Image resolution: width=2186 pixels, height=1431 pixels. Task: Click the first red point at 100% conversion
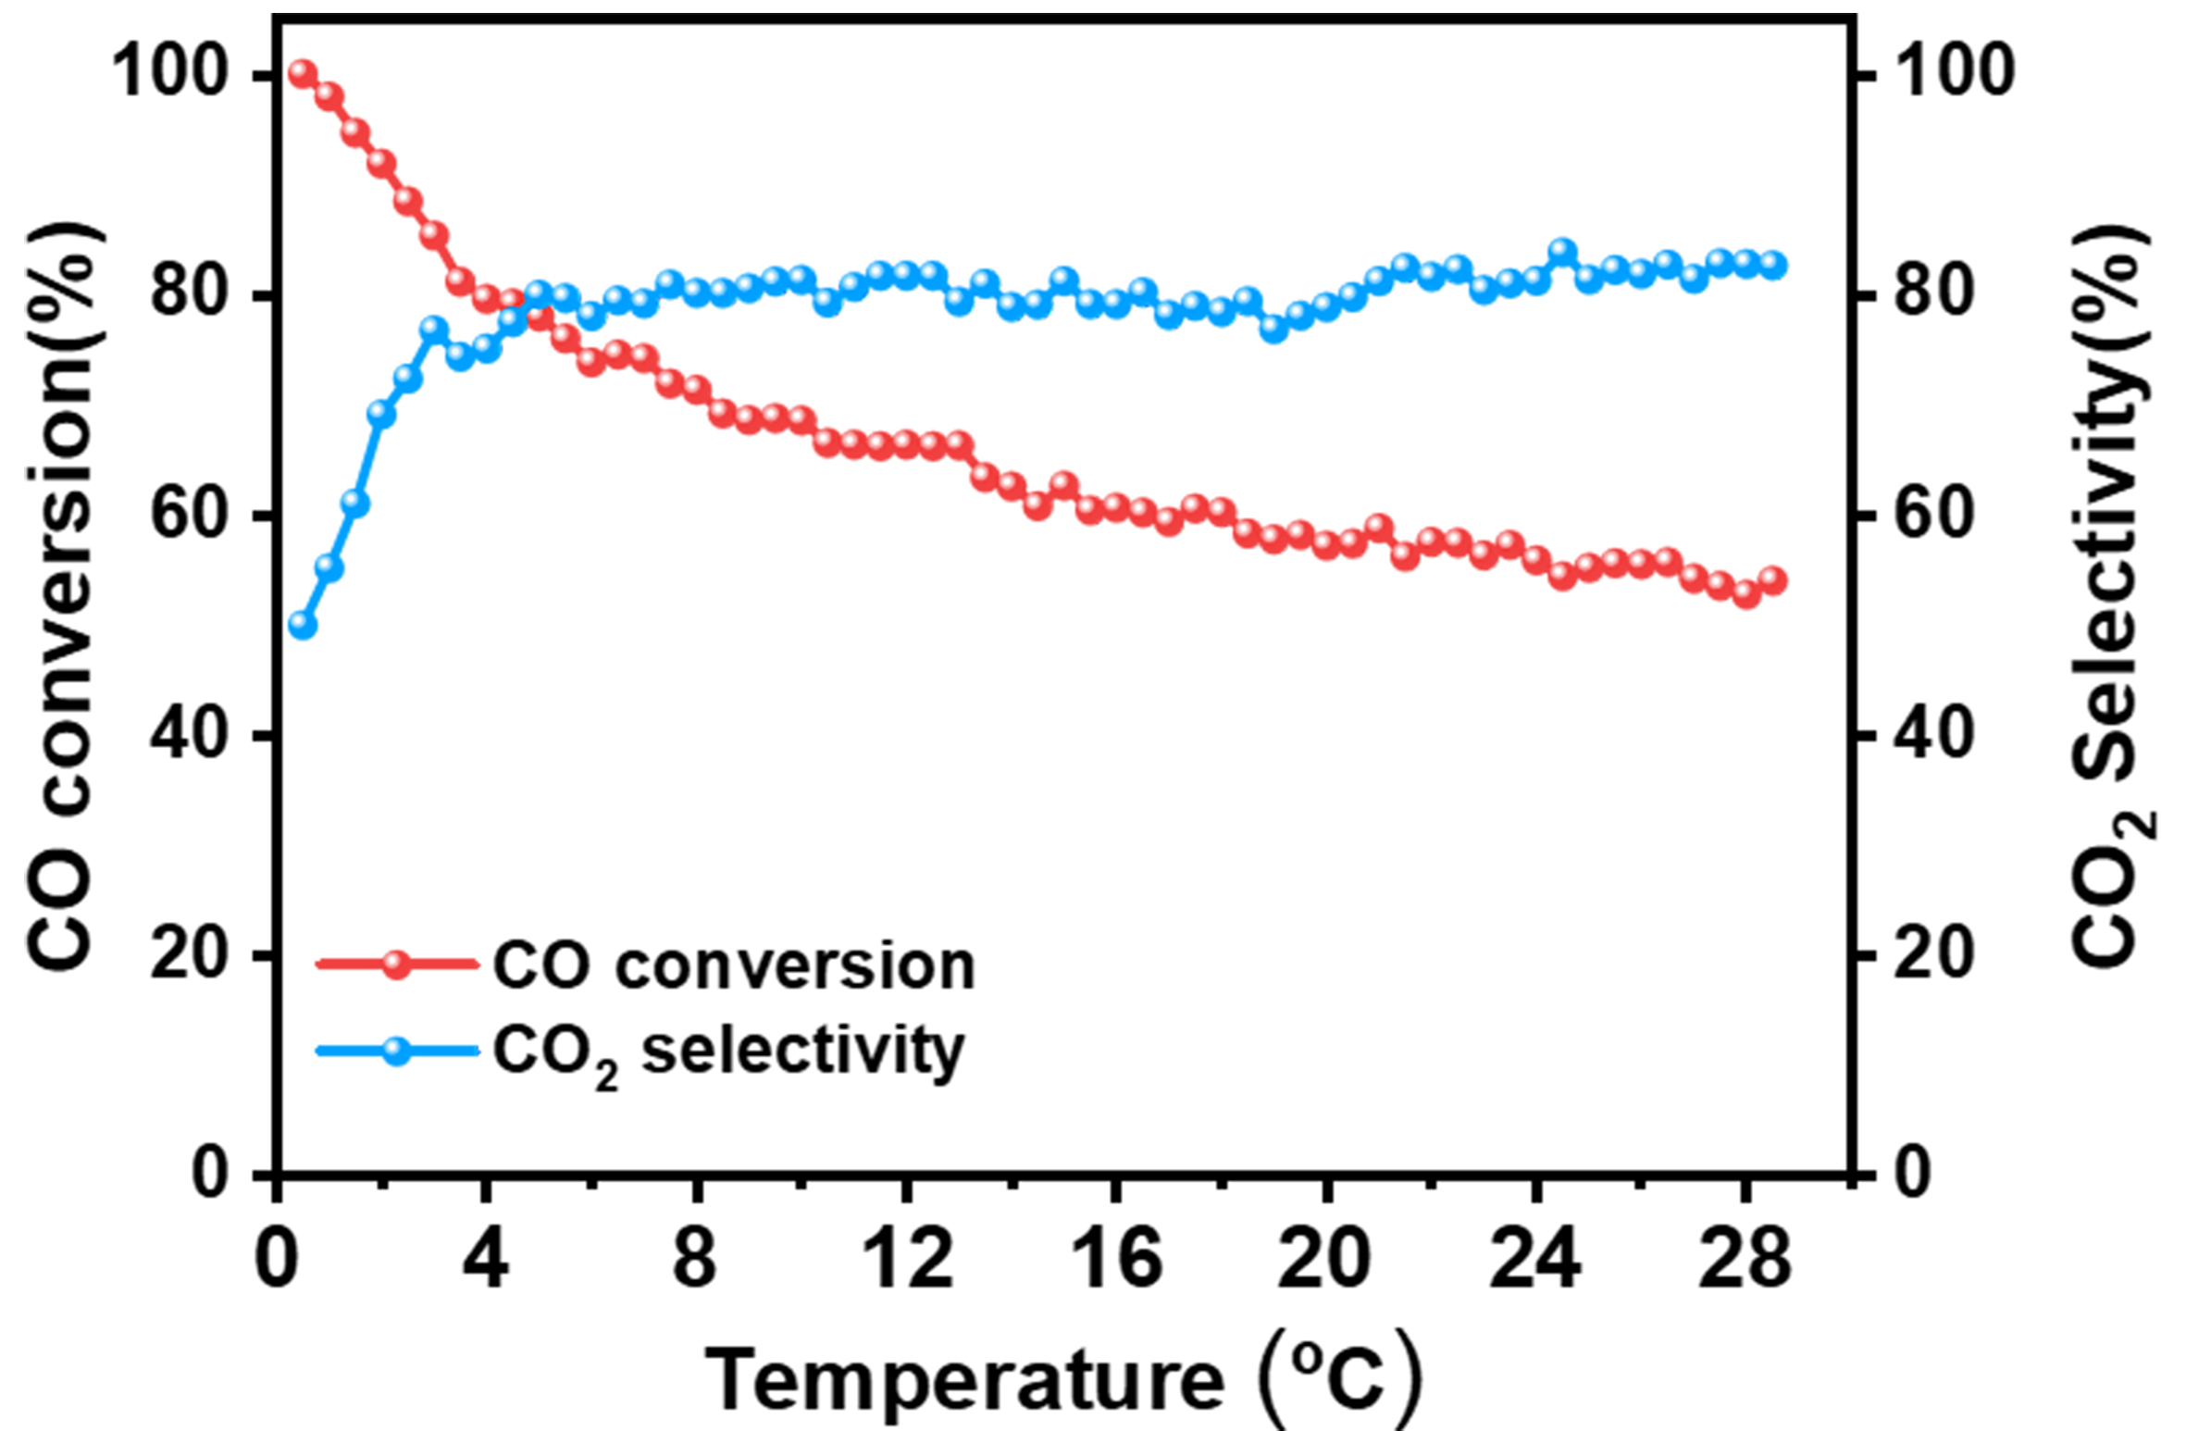tap(303, 73)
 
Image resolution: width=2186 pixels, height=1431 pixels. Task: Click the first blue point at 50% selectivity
tap(303, 626)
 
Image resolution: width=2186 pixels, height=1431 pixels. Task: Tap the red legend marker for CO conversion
tap(396, 964)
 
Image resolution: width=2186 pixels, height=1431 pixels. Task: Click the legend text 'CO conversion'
tap(733, 966)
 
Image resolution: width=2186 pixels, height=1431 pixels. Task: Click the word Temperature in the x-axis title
tap(964, 1379)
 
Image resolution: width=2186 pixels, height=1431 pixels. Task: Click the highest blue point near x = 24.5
tap(1563, 253)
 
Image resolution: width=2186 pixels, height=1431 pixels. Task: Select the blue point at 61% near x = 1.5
tap(355, 504)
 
